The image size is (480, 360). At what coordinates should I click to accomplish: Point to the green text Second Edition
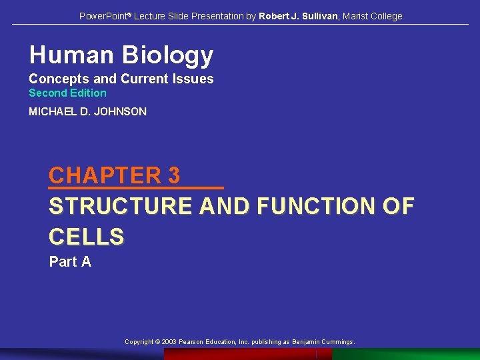(x=67, y=93)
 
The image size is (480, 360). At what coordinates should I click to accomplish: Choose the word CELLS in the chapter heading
(x=87, y=237)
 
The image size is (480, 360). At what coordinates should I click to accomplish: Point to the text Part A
(x=70, y=262)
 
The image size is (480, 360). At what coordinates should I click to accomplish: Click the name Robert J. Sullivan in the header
(x=298, y=16)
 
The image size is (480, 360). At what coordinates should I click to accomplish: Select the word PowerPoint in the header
(x=103, y=16)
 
